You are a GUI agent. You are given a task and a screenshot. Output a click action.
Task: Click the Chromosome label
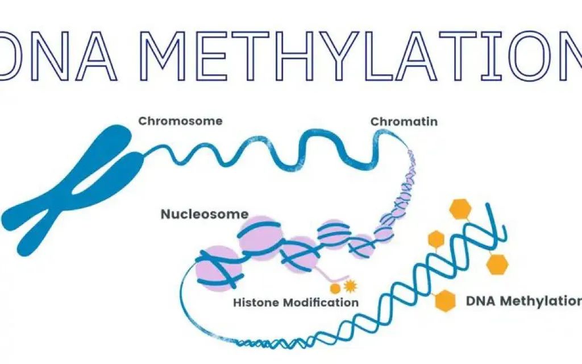(180, 121)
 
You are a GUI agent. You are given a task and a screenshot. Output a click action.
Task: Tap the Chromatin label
(404, 122)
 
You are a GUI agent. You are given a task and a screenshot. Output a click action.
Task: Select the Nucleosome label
(204, 214)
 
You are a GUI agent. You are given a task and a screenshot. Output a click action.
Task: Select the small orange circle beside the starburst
(336, 288)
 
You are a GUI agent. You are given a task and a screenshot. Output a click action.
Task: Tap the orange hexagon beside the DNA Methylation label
(446, 300)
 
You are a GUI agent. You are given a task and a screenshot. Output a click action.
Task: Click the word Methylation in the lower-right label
(543, 300)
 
